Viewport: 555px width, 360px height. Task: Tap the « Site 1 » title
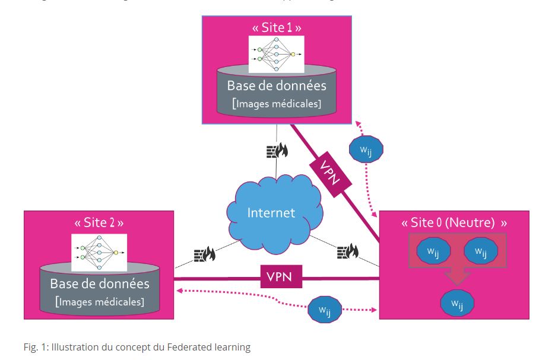coord(277,28)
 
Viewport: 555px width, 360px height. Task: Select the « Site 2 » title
coord(99,223)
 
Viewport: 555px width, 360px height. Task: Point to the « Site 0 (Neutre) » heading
coord(454,223)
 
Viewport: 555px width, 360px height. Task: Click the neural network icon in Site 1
coord(276,54)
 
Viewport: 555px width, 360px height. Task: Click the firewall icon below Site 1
coord(277,149)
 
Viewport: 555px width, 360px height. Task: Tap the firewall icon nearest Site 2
coord(204,255)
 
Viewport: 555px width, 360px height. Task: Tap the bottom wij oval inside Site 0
coord(456,304)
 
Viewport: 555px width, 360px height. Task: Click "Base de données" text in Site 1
coord(277,85)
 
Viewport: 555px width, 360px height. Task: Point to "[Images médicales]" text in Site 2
coord(99,301)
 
